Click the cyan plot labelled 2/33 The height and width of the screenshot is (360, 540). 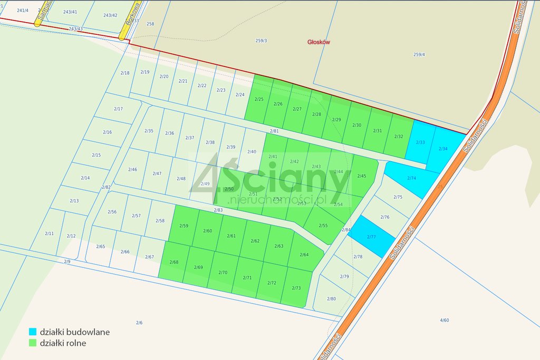click(x=420, y=142)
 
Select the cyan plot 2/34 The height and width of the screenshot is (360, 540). click(x=445, y=149)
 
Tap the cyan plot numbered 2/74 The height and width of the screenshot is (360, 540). click(x=412, y=178)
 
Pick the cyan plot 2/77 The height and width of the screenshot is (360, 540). click(x=372, y=237)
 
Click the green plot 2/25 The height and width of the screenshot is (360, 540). click(x=259, y=99)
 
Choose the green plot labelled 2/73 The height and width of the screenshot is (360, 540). click(x=296, y=288)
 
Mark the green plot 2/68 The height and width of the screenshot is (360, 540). click(x=174, y=262)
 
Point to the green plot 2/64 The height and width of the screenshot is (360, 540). click(x=304, y=255)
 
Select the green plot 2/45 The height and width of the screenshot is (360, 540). click(x=362, y=176)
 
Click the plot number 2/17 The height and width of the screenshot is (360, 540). click(x=118, y=109)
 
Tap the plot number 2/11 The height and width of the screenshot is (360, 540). click(x=49, y=233)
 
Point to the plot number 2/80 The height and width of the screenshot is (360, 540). click(x=331, y=299)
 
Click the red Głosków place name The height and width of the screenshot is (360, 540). click(x=319, y=42)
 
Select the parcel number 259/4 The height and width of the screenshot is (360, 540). click(x=419, y=54)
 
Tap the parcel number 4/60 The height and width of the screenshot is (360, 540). click(x=445, y=320)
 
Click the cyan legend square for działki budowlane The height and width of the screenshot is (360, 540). click(x=33, y=332)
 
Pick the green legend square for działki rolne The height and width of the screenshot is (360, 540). click(x=33, y=343)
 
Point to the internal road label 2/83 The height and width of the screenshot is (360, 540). click(x=218, y=210)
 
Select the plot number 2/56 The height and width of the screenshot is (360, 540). click(x=112, y=212)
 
